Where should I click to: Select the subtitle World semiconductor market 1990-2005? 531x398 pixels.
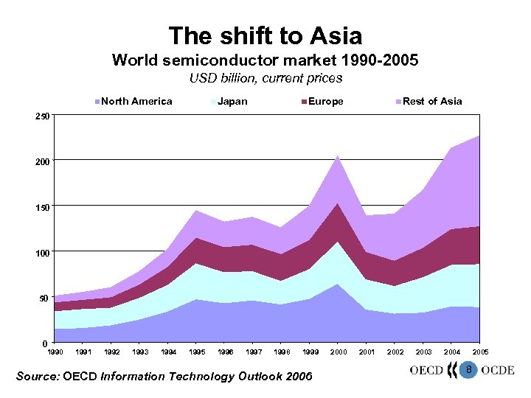click(265, 60)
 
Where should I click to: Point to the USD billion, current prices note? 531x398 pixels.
click(265, 78)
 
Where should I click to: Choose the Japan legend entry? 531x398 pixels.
click(232, 102)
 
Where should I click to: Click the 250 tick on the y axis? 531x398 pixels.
click(44, 116)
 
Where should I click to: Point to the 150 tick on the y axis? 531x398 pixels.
click(44, 207)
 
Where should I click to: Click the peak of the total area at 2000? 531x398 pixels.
click(338, 156)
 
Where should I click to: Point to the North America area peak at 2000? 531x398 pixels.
click(338, 284)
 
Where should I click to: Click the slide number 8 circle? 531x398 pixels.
click(466, 369)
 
